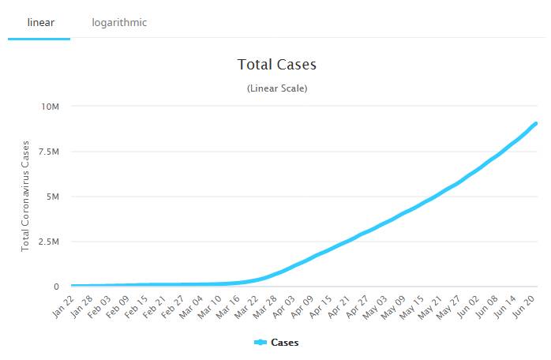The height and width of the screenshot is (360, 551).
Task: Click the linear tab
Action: [x=39, y=22]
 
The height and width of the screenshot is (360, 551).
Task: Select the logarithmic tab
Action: [x=119, y=22]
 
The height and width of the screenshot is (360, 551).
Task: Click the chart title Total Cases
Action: [x=276, y=64]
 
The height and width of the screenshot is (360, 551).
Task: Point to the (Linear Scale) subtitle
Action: [x=276, y=88]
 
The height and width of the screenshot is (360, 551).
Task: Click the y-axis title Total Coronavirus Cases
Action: [x=25, y=197]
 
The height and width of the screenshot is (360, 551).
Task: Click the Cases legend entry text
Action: [x=285, y=343]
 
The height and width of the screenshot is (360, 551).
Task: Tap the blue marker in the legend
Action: [x=261, y=343]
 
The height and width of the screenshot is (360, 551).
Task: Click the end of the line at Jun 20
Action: [x=536, y=123]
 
